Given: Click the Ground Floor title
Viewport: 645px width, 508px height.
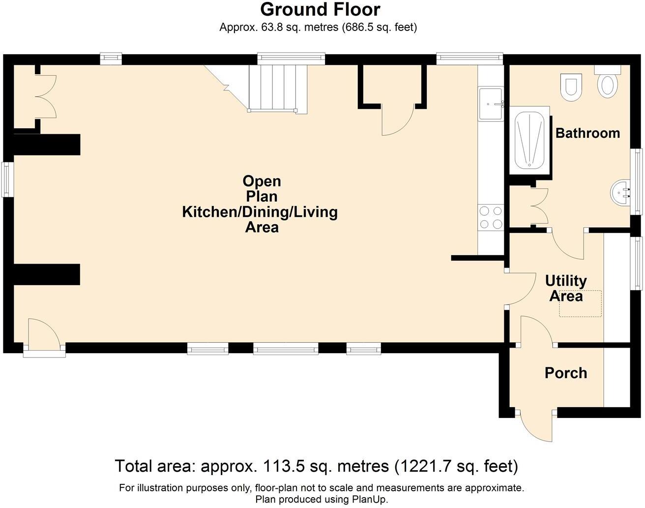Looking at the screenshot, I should (x=320, y=9).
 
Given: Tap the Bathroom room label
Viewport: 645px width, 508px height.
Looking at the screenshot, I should (x=587, y=133).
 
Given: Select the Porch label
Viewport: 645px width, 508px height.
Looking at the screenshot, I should (x=565, y=373).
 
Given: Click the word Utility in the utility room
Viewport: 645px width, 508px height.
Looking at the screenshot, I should (x=566, y=281).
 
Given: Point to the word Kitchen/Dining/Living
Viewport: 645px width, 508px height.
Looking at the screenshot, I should (x=260, y=212).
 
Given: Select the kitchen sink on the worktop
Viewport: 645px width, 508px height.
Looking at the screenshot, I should (x=490, y=103).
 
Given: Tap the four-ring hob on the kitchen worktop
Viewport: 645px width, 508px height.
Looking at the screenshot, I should (x=490, y=217).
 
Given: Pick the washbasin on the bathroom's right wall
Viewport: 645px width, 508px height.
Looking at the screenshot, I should (x=620, y=193).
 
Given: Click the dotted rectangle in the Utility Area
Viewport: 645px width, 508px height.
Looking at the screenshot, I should (x=580, y=303).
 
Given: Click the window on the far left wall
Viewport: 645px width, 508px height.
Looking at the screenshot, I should (x=6, y=179).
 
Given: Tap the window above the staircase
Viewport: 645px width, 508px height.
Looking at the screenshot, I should (x=291, y=59).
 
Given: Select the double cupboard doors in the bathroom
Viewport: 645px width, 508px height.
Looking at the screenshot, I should (x=540, y=207).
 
